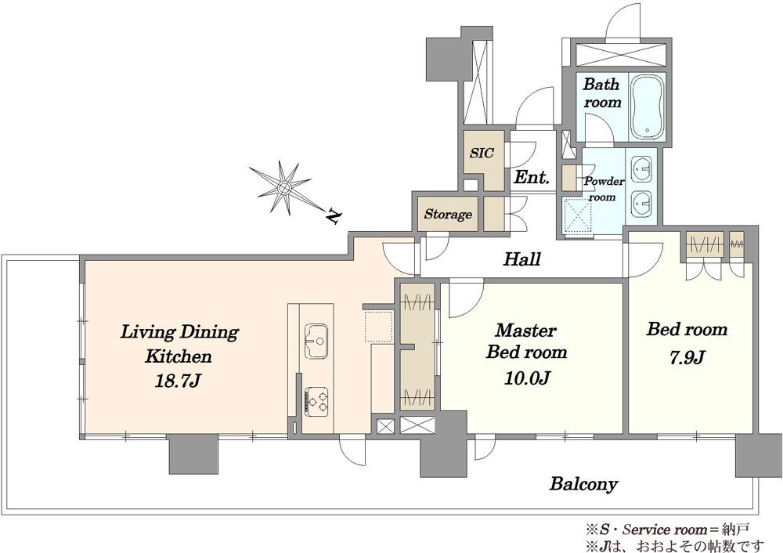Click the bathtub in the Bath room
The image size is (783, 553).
coord(648,107)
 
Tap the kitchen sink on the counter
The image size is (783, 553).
coord(316,341)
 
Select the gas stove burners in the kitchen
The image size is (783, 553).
coord(316,401)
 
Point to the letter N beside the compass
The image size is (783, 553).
coord(333,216)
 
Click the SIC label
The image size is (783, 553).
coord(482,153)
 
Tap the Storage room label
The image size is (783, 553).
coord(448,215)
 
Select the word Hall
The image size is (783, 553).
coord(521,258)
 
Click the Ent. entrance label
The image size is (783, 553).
coord(532,177)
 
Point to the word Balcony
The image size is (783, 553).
coord(584,483)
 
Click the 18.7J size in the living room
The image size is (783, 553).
coord(178,381)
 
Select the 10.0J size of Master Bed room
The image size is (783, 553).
coord(527,378)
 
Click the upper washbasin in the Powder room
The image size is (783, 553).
coord(641,169)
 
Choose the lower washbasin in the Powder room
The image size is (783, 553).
coord(641,204)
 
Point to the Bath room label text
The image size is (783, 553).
coord(601,93)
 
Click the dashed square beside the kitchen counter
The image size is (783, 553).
coord(378,326)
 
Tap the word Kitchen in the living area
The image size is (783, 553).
coord(179,356)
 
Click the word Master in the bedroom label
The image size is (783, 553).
coord(526,331)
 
